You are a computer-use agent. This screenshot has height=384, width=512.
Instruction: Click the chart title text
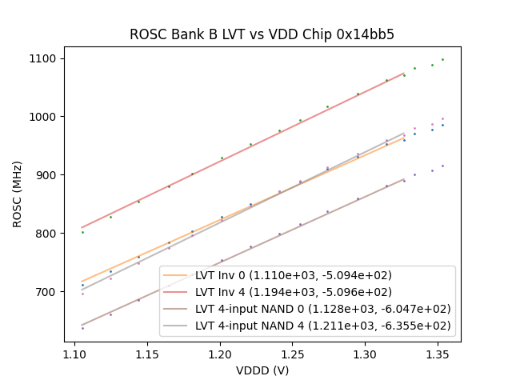pyautogui.click(x=262, y=34)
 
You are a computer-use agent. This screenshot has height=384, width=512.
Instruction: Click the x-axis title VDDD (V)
pyautogui.click(x=262, y=370)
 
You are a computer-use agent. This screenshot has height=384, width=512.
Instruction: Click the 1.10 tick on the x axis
pyautogui.click(x=74, y=353)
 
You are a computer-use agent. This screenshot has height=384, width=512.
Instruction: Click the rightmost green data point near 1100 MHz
pyautogui.click(x=442, y=59)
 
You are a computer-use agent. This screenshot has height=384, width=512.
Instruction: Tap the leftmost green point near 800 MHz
pyautogui.click(x=82, y=232)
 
